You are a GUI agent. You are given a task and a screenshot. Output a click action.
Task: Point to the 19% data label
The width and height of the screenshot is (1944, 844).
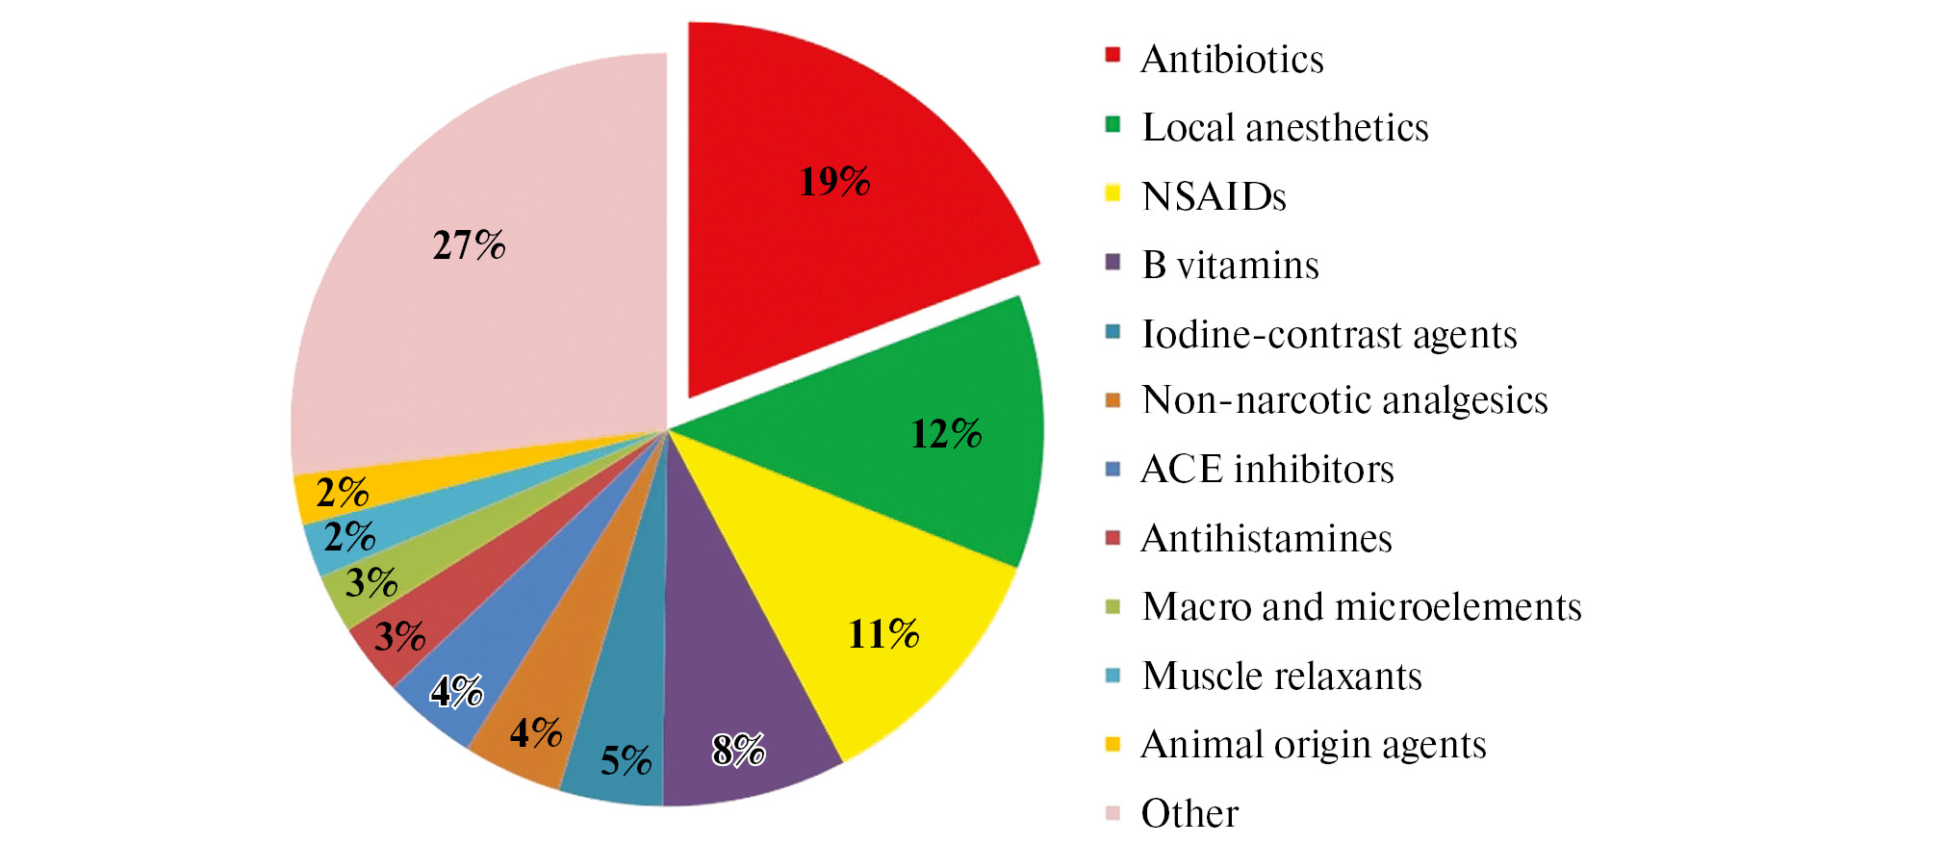834,182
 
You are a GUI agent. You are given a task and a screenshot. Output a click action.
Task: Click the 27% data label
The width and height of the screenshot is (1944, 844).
469,245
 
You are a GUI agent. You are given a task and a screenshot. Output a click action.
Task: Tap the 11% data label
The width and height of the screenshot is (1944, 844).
882,634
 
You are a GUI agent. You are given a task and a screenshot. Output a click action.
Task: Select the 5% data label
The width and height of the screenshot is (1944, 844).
626,761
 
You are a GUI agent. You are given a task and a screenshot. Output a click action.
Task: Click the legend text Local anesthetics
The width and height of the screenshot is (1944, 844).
1285,128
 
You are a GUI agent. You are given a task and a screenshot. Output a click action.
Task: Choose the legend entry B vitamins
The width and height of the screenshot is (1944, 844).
1230,266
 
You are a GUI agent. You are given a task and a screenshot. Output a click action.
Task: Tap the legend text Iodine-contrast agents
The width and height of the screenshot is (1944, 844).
1329,335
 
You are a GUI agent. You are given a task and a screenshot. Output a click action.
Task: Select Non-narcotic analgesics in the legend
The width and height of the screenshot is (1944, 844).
1344,400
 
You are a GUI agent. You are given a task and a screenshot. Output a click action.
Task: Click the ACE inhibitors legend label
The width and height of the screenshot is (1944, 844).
1267,470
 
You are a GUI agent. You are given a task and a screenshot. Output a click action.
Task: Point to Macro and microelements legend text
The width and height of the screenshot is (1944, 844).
1362,607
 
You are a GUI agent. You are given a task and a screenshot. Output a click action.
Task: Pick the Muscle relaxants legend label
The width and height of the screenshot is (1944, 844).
1282,677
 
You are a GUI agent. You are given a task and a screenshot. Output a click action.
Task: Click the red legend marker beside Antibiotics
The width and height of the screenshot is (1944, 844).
1113,55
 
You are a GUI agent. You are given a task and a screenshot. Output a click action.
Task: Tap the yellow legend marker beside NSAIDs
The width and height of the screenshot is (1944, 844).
1113,192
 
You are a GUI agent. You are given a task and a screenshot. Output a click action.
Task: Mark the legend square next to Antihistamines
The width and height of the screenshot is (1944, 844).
1113,537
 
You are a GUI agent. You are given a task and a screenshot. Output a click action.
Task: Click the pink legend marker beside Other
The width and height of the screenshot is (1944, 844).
1113,813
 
